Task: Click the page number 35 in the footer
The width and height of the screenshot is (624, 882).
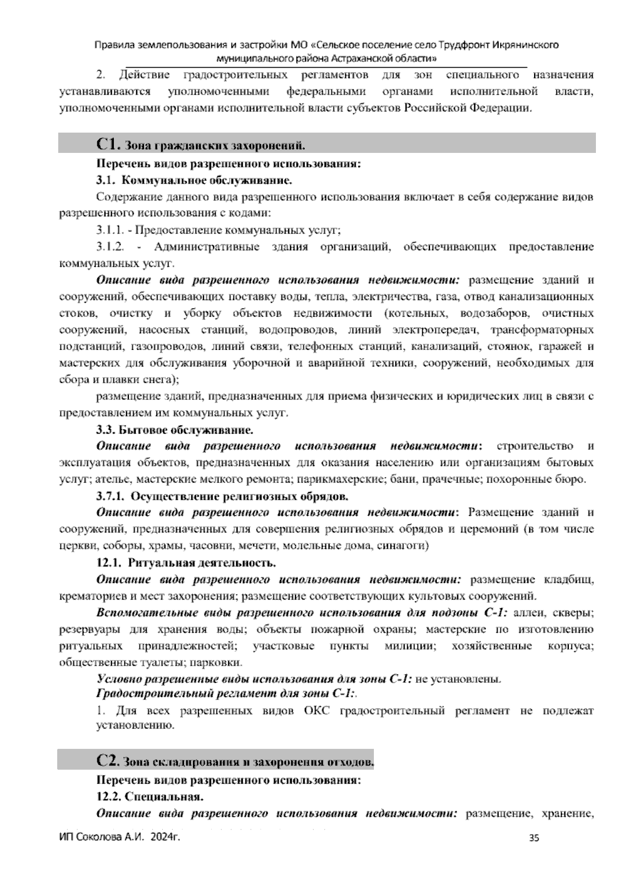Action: (534, 837)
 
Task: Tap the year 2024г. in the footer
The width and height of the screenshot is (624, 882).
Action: (164, 837)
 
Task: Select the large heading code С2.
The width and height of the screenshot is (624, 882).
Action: (108, 761)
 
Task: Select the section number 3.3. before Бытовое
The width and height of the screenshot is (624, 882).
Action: (106, 430)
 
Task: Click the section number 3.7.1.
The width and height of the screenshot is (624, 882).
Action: (110, 496)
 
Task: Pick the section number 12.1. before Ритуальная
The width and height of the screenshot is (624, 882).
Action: (109, 563)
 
